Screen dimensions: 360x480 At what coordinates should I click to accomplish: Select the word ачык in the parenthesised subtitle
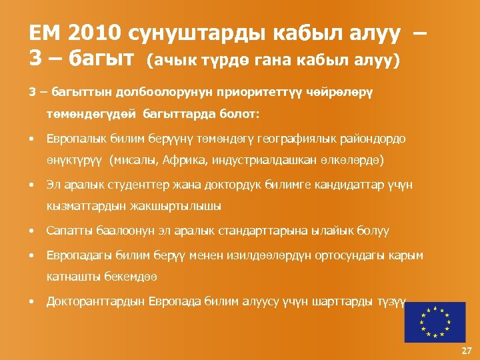pyautogui.click(x=175, y=62)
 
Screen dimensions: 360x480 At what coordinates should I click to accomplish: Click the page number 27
pyautogui.click(x=466, y=351)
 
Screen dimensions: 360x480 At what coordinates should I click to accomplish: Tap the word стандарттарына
pyautogui.click(x=278, y=231)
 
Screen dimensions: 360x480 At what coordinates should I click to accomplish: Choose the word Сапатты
pyautogui.click(x=69, y=231)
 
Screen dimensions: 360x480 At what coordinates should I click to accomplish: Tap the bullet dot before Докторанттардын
pyautogui.click(x=31, y=301)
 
